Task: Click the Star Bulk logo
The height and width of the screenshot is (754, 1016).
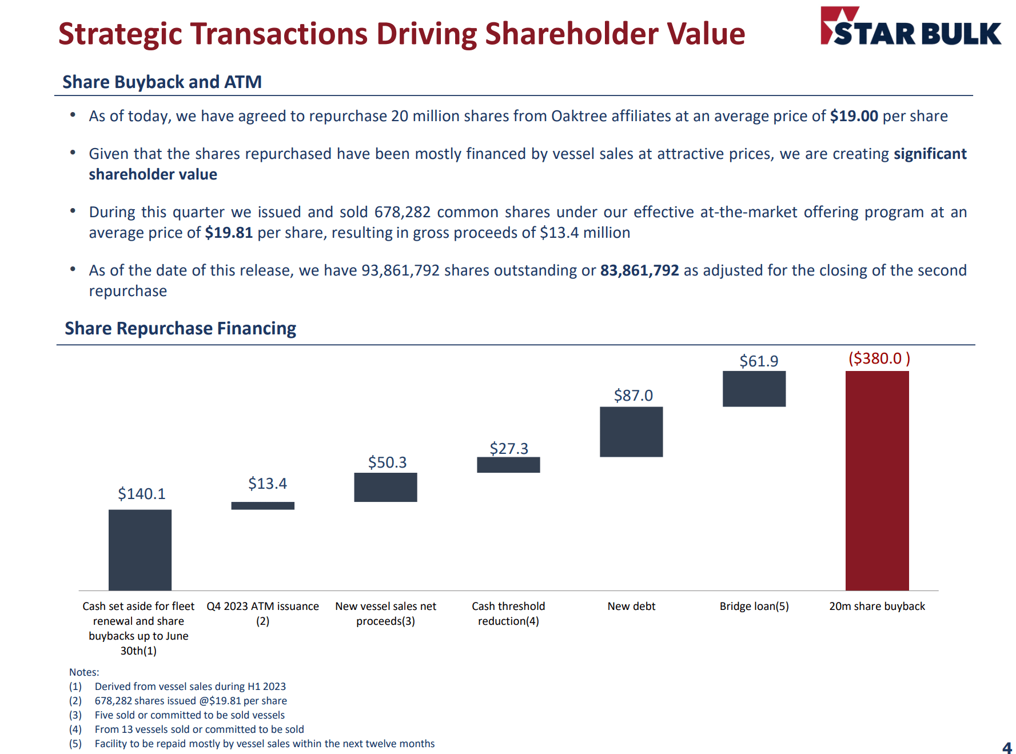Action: pyautogui.click(x=910, y=27)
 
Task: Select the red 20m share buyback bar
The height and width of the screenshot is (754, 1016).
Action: pyautogui.click(x=876, y=480)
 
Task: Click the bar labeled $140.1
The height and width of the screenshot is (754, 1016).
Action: pyautogui.click(x=140, y=549)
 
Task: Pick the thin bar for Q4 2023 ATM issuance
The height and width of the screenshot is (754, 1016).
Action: pyautogui.click(x=262, y=505)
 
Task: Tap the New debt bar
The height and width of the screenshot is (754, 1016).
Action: pyautogui.click(x=631, y=432)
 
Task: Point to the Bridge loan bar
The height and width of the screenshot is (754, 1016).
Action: pyautogui.click(x=754, y=389)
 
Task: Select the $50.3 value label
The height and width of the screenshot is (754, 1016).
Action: pyautogui.click(x=387, y=462)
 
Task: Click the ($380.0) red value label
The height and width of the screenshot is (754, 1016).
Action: pyautogui.click(x=879, y=358)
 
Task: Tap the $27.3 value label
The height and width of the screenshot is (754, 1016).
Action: pyautogui.click(x=509, y=448)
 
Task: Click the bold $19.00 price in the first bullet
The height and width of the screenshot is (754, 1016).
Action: pyautogui.click(x=854, y=116)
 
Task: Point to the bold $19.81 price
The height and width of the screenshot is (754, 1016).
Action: pyautogui.click(x=229, y=233)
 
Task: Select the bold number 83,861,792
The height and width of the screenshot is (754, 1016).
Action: pyautogui.click(x=639, y=270)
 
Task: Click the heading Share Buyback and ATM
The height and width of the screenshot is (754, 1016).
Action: pyautogui.click(x=162, y=82)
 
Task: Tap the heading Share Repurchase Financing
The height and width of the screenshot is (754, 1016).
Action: pyautogui.click(x=180, y=328)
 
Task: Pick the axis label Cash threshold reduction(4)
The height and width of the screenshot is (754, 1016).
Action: pyautogui.click(x=508, y=613)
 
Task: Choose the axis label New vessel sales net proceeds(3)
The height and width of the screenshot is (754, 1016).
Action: pyautogui.click(x=385, y=613)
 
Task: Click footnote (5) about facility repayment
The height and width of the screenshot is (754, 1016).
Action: pyautogui.click(x=264, y=744)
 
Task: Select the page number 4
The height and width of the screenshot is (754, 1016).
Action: pyautogui.click(x=1006, y=747)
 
